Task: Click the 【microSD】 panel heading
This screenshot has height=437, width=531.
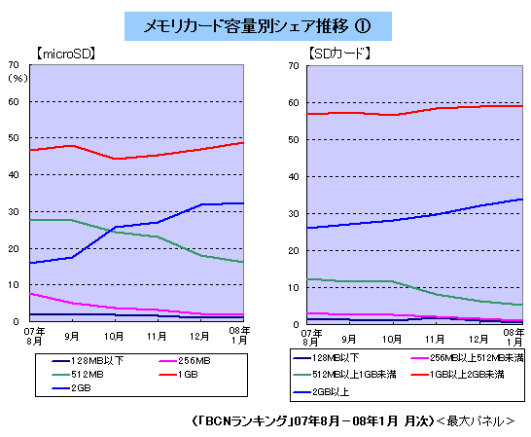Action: [65, 54]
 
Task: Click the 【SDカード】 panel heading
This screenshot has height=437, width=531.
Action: [339, 54]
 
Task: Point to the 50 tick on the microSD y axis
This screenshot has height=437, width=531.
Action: [14, 138]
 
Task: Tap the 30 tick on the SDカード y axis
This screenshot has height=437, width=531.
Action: [294, 214]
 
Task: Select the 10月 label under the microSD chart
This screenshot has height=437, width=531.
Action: [114, 337]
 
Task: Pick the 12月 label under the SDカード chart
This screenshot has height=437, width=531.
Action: [478, 339]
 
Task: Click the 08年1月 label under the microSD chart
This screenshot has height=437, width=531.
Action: [239, 336]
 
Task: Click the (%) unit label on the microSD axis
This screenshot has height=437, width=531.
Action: [18, 78]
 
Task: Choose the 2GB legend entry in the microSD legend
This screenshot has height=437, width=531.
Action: [71, 388]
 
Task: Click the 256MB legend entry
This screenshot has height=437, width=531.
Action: [185, 361]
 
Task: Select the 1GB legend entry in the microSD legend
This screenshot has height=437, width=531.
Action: [179, 375]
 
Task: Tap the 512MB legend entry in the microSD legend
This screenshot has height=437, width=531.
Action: [78, 375]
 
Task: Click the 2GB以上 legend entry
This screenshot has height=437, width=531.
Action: [321, 392]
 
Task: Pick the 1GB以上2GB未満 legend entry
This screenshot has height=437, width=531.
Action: [457, 375]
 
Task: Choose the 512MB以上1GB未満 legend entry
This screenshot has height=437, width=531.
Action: [344, 375]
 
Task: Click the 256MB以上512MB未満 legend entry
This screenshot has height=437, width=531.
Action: [467, 357]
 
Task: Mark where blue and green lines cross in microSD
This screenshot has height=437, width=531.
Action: [111, 231]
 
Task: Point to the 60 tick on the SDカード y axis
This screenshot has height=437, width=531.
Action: [294, 103]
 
